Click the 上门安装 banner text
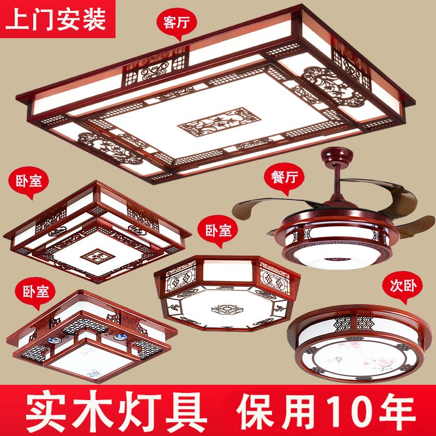coord(56,19)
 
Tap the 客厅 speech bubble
coord(177,23)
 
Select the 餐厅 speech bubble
coord(284,178)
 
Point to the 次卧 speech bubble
coord(402,287)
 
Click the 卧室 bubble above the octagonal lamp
coord(217,231)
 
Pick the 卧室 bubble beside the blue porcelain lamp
coord(35,293)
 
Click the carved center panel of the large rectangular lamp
coord(220,122)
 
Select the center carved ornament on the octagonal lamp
coord(227,309)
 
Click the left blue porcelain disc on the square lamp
coord(53,340)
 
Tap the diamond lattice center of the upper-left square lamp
coord(98,256)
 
